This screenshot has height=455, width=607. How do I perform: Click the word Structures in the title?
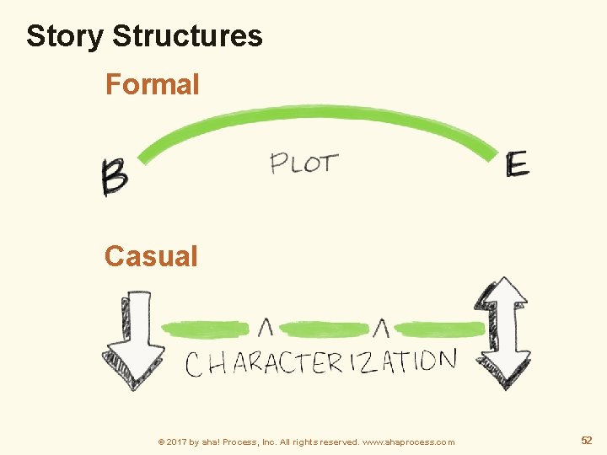tap(187, 36)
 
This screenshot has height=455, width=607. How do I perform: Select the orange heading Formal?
tap(152, 84)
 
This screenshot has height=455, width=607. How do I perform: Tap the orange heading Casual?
tap(151, 256)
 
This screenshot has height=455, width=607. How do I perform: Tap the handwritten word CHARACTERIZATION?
tap(320, 362)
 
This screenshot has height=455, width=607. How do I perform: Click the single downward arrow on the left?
tap(133, 339)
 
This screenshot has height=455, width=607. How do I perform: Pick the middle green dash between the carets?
tap(324, 328)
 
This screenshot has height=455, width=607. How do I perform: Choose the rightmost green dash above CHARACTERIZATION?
tap(438, 329)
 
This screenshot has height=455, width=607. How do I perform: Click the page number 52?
tap(587, 441)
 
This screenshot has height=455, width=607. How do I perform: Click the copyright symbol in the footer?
tap(161, 442)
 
